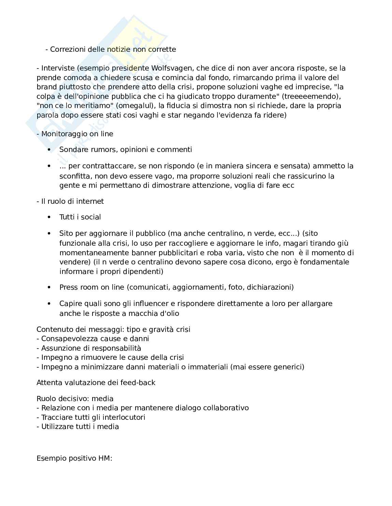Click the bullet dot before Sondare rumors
(x=50, y=150)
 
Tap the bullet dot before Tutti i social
(x=50, y=217)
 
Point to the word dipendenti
(x=145, y=272)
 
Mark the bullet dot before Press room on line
(x=50, y=287)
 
